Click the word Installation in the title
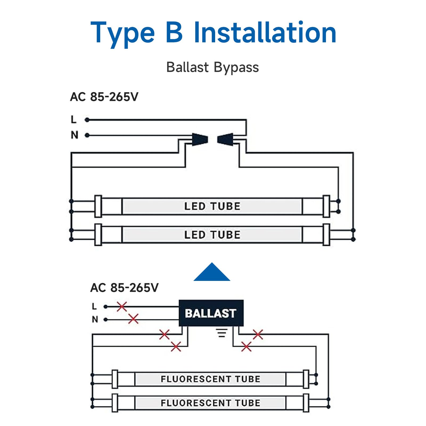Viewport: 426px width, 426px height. coord(265,32)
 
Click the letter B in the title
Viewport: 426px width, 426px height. coord(174,32)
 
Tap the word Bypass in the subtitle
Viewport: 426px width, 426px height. coord(236,67)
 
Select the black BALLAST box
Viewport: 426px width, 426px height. coord(211,313)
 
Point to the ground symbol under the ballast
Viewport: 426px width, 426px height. coord(222,333)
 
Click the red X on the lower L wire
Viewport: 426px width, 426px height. coord(122,307)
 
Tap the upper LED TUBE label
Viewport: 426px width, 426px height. coord(212,206)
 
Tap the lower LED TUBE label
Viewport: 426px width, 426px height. coord(212,235)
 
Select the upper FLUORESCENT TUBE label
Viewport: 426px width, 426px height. coord(210,379)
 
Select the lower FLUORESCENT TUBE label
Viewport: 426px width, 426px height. coord(210,403)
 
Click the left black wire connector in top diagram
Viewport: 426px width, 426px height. coord(200,139)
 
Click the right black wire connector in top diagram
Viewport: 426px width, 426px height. coord(225,139)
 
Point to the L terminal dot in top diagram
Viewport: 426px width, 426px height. coord(87,120)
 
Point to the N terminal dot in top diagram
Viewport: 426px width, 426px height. coord(87,135)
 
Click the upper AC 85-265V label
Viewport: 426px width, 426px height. coord(104,97)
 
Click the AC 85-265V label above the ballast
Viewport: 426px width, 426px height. coord(124,288)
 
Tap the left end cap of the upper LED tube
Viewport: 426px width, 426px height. coord(98,206)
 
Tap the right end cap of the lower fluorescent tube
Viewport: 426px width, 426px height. coord(306,403)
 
